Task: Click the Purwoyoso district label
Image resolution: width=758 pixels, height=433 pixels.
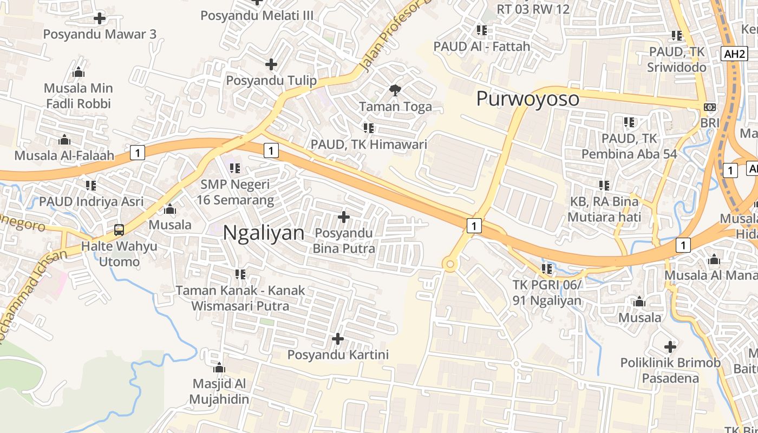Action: click(x=527, y=99)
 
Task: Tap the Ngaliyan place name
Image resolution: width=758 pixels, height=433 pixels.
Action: click(x=264, y=233)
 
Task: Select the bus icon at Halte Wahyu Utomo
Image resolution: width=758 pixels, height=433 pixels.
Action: click(x=119, y=230)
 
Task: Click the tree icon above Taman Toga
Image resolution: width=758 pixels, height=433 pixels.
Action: click(x=395, y=90)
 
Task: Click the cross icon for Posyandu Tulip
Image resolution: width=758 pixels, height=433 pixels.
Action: click(x=271, y=65)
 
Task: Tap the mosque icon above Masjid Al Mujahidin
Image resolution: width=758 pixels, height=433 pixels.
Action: click(x=219, y=368)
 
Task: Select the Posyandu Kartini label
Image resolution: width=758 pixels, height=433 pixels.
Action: click(x=338, y=355)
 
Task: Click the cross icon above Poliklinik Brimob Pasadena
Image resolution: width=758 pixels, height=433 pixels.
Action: click(x=670, y=346)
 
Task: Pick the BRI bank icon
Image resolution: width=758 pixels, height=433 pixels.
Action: click(x=709, y=107)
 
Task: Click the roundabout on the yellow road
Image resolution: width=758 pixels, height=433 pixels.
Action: click(x=449, y=264)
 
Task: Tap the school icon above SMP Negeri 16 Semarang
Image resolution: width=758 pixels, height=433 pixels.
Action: click(x=235, y=168)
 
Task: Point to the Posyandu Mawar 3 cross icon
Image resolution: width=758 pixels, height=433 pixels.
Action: click(x=100, y=18)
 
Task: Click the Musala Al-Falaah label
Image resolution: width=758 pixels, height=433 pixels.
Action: click(x=64, y=156)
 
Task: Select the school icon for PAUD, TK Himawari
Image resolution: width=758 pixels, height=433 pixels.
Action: click(x=369, y=128)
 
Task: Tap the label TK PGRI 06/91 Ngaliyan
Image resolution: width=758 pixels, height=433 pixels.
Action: click(x=547, y=293)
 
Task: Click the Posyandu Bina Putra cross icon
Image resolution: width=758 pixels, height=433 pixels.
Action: click(x=343, y=217)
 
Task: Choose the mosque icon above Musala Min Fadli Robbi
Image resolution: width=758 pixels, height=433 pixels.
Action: click(x=79, y=72)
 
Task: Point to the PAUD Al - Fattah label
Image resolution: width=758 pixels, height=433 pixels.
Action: click(x=482, y=47)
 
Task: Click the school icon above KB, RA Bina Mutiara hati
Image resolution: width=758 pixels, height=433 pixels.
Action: click(x=604, y=186)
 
